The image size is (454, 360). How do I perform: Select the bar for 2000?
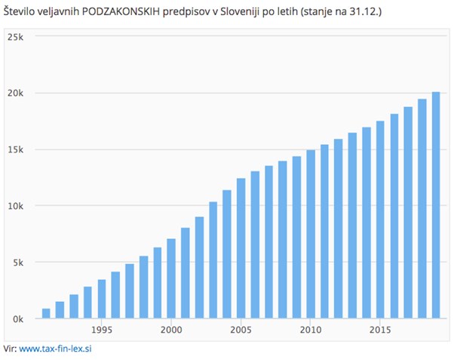171,278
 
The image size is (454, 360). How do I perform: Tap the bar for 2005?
241,248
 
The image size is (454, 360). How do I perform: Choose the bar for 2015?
380,220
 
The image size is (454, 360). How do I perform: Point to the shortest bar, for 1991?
46,313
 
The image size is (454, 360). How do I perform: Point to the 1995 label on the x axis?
102,330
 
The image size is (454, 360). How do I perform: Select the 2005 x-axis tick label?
241,330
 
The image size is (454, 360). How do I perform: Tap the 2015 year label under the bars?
380,330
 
